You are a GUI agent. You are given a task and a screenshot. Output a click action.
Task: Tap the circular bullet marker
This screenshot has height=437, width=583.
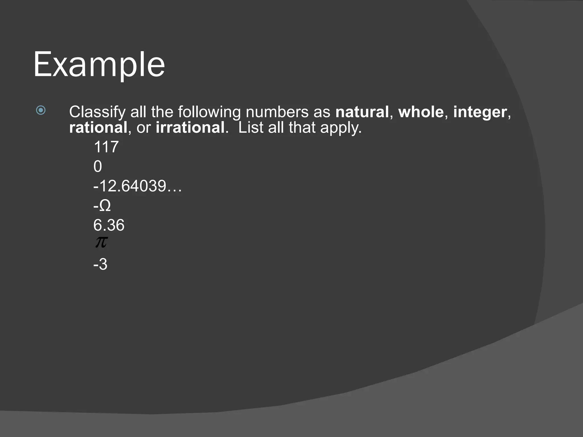tap(41, 110)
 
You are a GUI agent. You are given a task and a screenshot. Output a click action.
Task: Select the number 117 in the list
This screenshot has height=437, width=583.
tap(106, 147)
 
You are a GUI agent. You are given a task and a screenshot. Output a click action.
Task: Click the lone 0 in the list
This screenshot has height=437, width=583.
tap(98, 166)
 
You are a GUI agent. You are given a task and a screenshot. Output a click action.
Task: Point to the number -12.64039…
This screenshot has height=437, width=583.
tap(137, 186)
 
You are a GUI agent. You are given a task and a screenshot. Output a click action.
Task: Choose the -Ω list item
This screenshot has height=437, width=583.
tap(102, 205)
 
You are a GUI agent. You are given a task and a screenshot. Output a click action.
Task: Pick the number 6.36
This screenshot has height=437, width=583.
tap(109, 225)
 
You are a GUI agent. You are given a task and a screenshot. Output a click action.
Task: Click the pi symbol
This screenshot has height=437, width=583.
tap(101, 242)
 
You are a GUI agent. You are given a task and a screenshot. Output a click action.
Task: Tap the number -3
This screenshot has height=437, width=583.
tap(100, 264)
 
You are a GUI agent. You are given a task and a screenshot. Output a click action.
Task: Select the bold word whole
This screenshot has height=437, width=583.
tap(421, 112)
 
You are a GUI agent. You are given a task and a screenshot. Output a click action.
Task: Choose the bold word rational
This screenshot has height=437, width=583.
tap(98, 127)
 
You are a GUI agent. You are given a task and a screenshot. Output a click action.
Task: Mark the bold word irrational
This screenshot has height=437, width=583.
tap(190, 127)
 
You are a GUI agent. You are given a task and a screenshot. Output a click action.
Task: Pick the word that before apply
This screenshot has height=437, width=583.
tap(302, 127)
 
